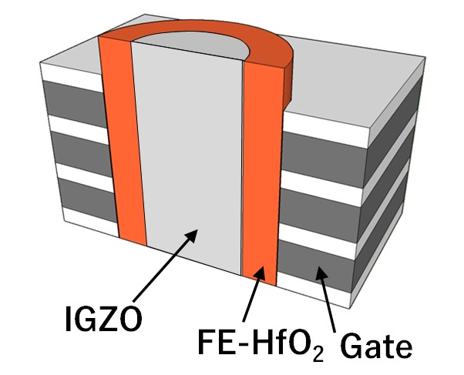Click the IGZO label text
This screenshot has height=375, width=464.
[103, 319]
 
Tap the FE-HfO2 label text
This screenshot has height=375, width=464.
[261, 343]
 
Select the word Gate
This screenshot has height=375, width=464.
[376, 346]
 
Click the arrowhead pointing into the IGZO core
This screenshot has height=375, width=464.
[191, 236]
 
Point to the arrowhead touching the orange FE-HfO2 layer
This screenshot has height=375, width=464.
[260, 273]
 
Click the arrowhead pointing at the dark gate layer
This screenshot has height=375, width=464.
[321, 273]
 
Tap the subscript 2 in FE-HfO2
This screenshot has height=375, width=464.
[318, 355]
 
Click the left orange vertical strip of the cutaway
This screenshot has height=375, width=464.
[123, 140]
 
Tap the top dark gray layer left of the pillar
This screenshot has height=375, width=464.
[75, 104]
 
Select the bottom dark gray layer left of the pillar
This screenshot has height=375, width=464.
[88, 200]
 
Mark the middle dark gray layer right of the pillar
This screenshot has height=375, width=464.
[320, 213]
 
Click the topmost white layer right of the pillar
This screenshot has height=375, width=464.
[326, 129]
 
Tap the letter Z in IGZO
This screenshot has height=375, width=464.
[109, 319]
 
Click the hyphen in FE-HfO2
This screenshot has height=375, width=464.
[240, 345]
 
